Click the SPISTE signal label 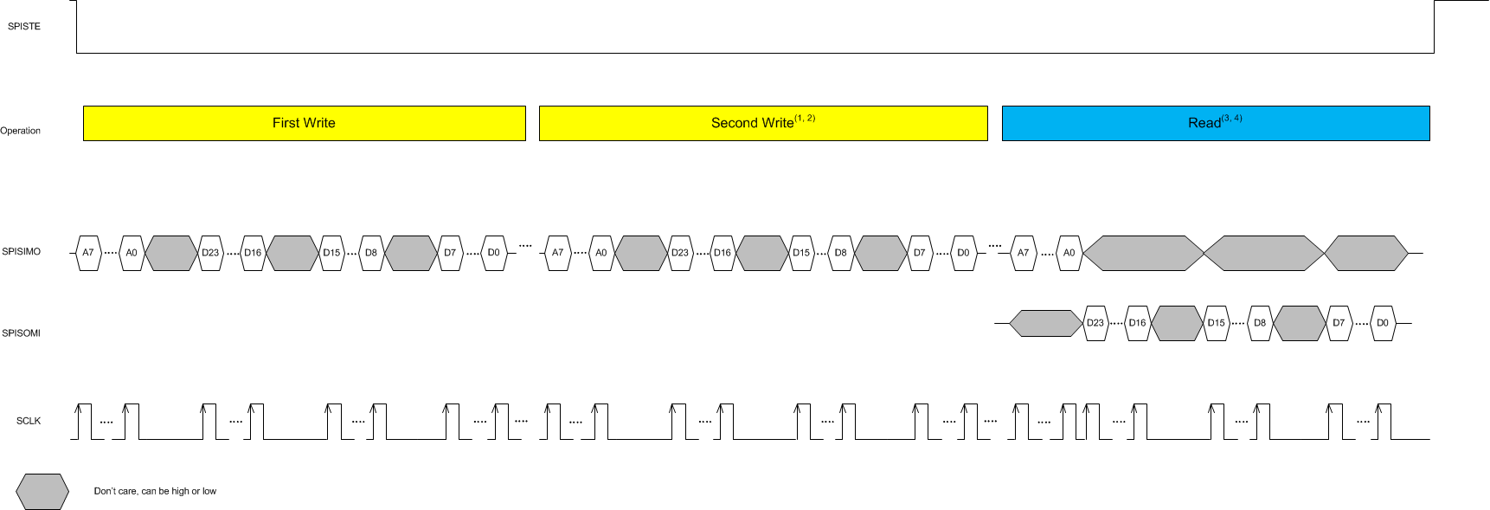point(24,27)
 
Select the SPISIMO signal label point(22,252)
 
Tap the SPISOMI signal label point(22,333)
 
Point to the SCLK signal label point(29,421)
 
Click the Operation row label point(21,131)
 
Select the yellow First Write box point(304,123)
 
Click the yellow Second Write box point(762,123)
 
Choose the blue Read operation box point(1215,123)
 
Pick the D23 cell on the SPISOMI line point(1095,323)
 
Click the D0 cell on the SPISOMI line point(1383,323)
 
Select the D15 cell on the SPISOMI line point(1217,323)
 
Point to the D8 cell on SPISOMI point(1260,323)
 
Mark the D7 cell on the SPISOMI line point(1339,323)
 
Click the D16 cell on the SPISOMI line point(1137,323)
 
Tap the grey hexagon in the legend point(42,492)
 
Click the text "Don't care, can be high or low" point(155,491)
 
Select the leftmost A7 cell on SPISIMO point(88,253)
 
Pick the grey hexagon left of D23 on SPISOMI point(1046,323)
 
